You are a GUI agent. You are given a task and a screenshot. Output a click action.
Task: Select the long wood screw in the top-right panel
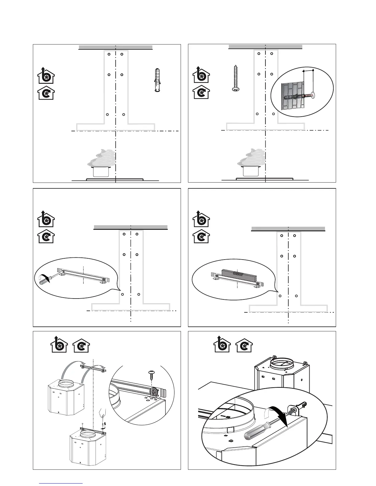236,78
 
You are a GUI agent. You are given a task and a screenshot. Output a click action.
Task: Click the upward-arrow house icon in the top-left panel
46,75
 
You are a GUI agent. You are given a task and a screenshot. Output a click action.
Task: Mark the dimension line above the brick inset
308,71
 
